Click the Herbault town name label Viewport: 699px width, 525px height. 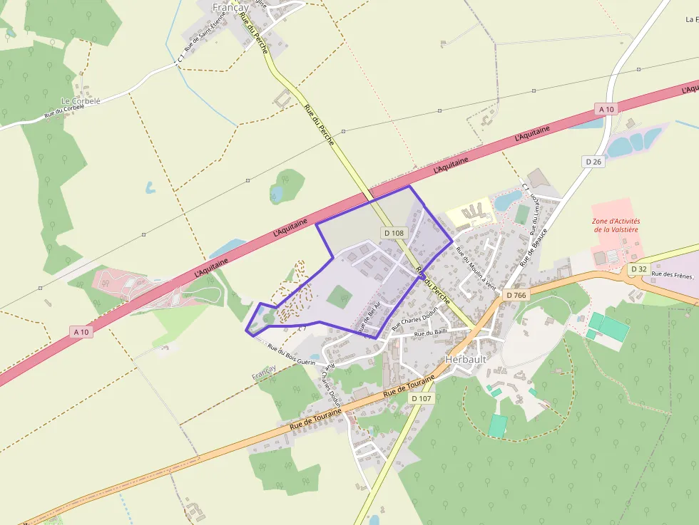coord(465,359)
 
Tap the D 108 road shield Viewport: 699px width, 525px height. coord(394,233)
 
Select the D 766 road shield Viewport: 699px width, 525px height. coord(516,294)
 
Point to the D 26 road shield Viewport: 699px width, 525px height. coord(593,162)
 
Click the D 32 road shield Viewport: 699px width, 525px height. coord(638,269)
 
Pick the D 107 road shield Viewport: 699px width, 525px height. coord(422,398)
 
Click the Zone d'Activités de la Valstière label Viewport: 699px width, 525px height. coord(616,225)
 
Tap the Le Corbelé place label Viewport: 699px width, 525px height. coord(81,101)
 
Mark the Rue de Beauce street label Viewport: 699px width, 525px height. coord(534,246)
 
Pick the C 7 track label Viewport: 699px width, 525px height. coord(302,327)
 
